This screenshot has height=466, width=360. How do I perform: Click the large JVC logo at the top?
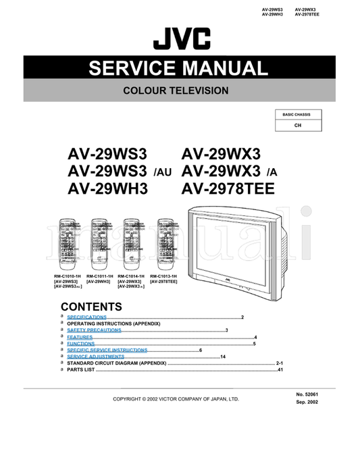(181, 41)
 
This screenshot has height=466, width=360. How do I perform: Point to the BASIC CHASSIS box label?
(297, 115)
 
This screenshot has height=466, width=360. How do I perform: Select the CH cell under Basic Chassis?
(297, 126)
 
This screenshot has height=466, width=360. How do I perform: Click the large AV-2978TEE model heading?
(228, 190)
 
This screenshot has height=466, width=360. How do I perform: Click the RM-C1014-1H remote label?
(132, 276)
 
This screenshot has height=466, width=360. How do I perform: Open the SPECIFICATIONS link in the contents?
(86, 317)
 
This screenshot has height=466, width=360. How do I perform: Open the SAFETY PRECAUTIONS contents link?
(94, 330)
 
